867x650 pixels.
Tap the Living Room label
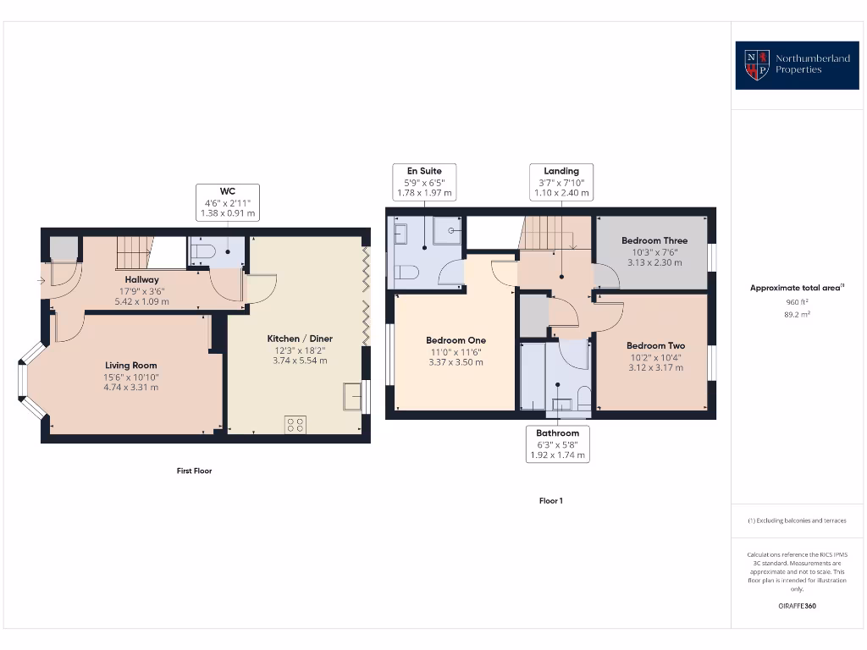click(x=130, y=366)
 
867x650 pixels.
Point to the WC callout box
click(x=227, y=203)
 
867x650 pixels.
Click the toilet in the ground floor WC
click(x=202, y=251)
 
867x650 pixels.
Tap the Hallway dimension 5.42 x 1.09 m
click(x=142, y=301)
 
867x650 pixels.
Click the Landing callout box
click(x=561, y=182)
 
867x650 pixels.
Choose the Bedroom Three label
click(x=654, y=240)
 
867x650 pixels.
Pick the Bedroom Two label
click(x=655, y=345)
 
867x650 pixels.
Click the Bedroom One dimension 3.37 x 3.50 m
click(x=455, y=362)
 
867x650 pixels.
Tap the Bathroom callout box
click(x=557, y=443)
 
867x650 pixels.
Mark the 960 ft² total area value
click(x=797, y=301)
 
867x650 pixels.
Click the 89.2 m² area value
click(x=797, y=314)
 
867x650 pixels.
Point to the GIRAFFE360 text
click(x=797, y=606)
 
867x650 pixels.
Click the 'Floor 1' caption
click(x=550, y=501)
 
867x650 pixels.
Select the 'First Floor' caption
click(x=194, y=471)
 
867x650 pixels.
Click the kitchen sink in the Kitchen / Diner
click(x=351, y=395)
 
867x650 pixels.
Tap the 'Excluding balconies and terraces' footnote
click(x=797, y=521)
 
